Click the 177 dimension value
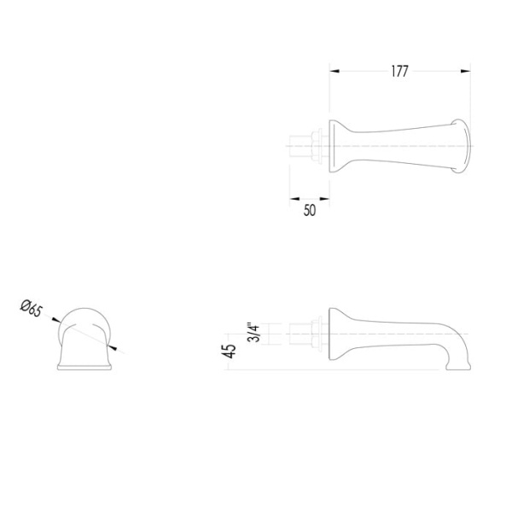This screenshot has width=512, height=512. pyautogui.click(x=399, y=71)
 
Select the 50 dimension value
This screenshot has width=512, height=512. pyautogui.click(x=310, y=210)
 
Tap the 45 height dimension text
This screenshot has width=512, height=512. pyautogui.click(x=230, y=351)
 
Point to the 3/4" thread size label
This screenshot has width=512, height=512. pyautogui.click(x=253, y=333)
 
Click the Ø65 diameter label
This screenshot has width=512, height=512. pyautogui.click(x=32, y=308)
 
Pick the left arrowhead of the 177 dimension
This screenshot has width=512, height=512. pyautogui.click(x=335, y=71)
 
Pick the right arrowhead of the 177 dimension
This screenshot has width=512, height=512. pyautogui.click(x=466, y=71)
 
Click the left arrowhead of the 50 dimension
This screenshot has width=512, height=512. pyautogui.click(x=294, y=199)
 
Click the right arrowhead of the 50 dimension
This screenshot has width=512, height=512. pyautogui.click(x=324, y=199)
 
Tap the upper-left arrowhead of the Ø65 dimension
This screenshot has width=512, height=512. pyautogui.click(x=56, y=320)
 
